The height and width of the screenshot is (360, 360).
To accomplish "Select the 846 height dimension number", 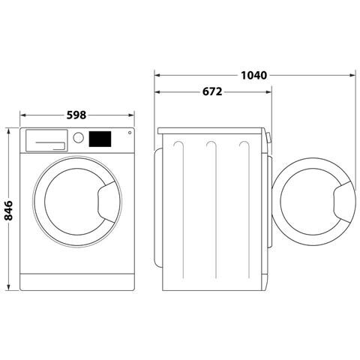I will tap(9, 210).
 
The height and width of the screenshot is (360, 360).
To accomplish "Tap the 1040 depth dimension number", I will tap(255, 75).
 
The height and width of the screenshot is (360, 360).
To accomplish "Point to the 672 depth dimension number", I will tap(212, 92).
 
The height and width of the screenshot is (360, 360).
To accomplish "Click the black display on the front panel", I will tap(100, 139).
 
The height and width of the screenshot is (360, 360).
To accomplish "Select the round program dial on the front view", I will tap(78, 138).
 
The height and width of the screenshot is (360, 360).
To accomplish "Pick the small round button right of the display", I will tap(128, 133).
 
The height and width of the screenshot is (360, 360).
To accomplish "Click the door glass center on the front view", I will tap(75, 203).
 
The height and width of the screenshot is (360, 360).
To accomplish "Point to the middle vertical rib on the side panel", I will tap(215, 210).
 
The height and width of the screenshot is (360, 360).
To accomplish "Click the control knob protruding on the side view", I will tap(270, 138).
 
